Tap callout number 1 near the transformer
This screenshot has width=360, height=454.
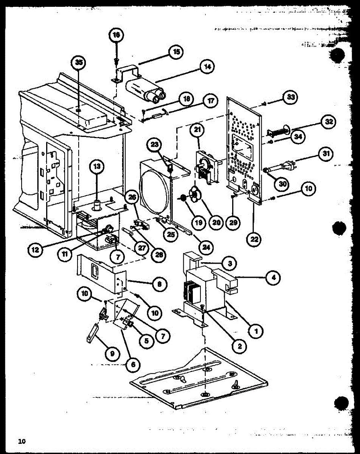pos(256,331)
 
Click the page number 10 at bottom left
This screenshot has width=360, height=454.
pos(22,441)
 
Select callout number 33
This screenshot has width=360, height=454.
pos(290,97)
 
